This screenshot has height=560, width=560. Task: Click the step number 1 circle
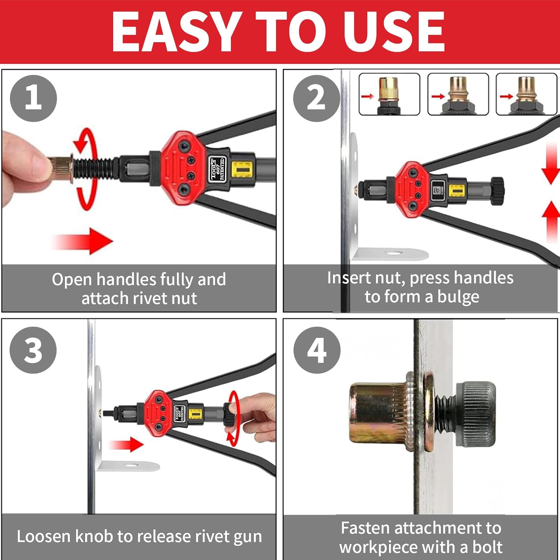coord(33,98)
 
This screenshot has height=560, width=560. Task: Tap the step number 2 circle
coord(317,98)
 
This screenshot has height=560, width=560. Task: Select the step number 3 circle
coord(33,350)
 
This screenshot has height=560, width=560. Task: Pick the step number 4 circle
coord(317,350)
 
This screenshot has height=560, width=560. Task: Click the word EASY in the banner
coord(175,31)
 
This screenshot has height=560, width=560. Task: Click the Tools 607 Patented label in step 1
coord(217,169)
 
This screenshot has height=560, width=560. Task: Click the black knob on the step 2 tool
coord(497,191)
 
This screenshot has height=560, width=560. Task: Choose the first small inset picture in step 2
coord(389,94)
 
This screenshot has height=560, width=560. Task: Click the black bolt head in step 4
coord(476,414)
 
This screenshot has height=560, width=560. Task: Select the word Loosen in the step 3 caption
coord(44,536)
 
